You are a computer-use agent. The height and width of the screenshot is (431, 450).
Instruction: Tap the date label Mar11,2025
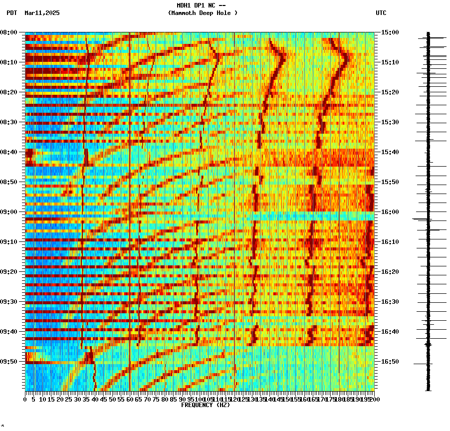pos(42,13)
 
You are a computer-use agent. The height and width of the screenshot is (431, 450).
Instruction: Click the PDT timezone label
pos(11,13)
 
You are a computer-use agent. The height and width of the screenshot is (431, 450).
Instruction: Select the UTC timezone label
pos(381,13)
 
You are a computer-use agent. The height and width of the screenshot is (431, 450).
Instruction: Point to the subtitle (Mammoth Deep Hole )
pos(203,13)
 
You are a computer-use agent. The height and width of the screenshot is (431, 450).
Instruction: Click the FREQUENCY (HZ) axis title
pos(205,405)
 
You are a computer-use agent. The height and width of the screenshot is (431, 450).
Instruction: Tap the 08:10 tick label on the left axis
pos(9,62)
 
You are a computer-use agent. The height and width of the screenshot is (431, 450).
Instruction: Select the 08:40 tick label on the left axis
pos(9,152)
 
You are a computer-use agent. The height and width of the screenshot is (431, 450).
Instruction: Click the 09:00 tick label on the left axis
pos(9,212)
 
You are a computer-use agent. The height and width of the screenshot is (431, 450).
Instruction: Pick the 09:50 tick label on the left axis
pos(9,362)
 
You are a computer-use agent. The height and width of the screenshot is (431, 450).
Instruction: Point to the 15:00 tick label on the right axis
pos(390,32)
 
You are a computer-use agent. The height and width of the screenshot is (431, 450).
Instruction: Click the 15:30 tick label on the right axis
pos(390,122)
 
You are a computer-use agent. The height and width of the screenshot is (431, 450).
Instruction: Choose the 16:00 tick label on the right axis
pos(390,212)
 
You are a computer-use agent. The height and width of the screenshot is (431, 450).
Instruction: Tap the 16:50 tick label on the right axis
pos(390,362)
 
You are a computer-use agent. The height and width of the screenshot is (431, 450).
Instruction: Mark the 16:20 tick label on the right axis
pos(390,272)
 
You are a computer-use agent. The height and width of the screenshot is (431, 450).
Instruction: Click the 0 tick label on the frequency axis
pos(25,399)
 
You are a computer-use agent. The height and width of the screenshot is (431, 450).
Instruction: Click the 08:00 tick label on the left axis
pos(9,32)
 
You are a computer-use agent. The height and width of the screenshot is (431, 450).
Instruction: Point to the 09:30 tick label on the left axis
pos(9,302)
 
